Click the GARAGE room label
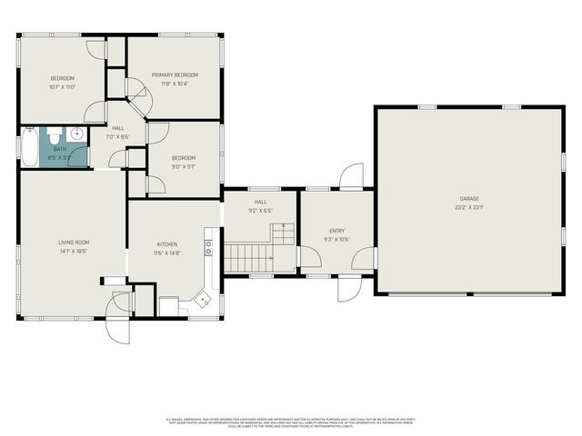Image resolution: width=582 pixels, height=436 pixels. pos(468,198)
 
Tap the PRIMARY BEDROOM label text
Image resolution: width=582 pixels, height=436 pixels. pos(174,74)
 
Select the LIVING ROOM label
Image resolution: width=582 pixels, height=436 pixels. pos(74,242)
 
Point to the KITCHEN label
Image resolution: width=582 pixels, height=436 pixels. pos(166,243)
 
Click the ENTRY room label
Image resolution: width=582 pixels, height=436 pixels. pos(336,232)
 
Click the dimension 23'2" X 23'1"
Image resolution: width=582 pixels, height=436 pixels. pos(468,208)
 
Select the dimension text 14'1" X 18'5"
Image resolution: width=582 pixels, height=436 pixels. pos(74,251)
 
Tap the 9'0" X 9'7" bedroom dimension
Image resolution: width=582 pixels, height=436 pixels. pos(184,167)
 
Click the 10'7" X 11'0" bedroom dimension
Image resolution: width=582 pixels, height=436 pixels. pos(62,87)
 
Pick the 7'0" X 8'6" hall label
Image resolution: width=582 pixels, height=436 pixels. pos(118,137)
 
